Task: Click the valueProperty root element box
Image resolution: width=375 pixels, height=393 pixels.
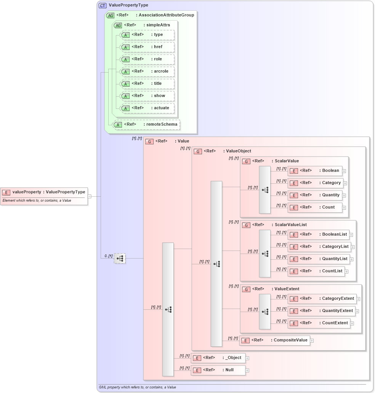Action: [x=44, y=192]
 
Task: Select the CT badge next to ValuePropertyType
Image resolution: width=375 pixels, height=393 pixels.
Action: [x=103, y=5]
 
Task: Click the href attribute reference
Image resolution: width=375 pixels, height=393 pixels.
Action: [x=147, y=47]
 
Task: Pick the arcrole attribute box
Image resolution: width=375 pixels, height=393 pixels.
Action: [x=147, y=71]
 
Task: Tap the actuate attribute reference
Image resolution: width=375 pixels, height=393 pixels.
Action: [x=147, y=108]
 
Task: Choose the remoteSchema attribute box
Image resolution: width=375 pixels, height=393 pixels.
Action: [x=146, y=125]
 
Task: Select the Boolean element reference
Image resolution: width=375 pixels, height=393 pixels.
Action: [x=315, y=171]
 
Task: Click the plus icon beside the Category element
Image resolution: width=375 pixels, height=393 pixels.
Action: [x=345, y=183]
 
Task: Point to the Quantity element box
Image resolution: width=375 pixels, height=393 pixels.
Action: [x=315, y=195]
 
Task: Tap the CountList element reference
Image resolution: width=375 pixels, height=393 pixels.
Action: [x=316, y=271]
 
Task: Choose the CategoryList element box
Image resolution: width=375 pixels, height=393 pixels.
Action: [x=319, y=247]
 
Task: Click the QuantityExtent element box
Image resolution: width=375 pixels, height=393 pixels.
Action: [x=321, y=311]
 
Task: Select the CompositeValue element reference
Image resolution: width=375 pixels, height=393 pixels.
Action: [x=275, y=340]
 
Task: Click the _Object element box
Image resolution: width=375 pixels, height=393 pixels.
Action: [x=218, y=358]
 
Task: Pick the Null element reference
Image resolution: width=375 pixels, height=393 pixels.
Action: [x=218, y=370]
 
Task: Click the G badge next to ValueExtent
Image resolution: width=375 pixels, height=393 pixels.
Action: [x=246, y=289]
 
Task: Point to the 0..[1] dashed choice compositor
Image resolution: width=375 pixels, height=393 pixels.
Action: [x=120, y=259]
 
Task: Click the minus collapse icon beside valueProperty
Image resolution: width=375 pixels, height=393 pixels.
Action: [x=89, y=196]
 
